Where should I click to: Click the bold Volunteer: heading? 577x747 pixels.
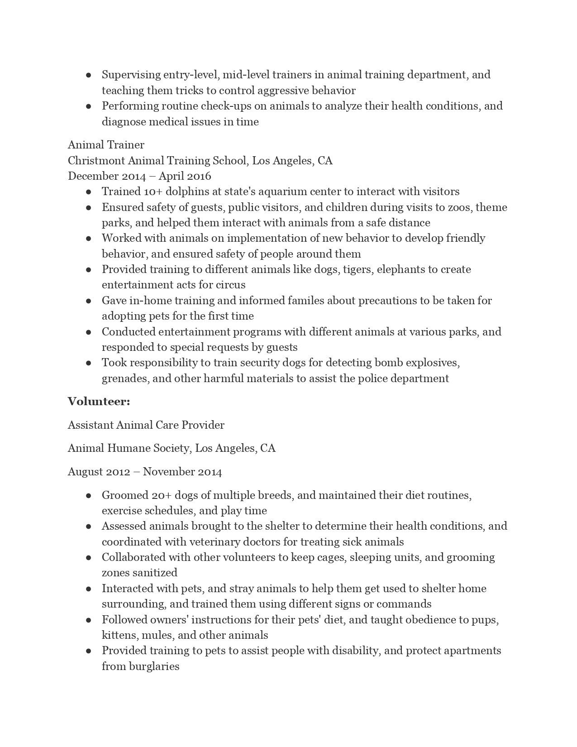[x=99, y=402]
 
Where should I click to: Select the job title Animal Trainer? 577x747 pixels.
[x=106, y=145]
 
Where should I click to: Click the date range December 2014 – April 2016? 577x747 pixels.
[x=139, y=176]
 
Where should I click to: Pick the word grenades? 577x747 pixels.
[x=125, y=378]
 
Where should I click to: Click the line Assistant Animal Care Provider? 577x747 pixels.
[x=146, y=425]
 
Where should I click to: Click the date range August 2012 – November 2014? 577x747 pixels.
[x=145, y=472]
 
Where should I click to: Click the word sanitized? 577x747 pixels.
[x=155, y=573]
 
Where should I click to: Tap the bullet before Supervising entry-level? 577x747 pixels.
[x=89, y=75]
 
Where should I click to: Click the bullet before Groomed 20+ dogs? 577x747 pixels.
[x=89, y=495]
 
